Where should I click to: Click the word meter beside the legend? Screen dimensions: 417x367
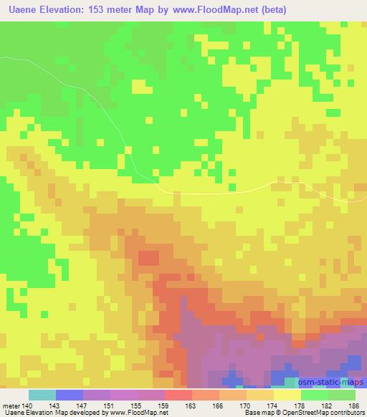[x=9, y=405]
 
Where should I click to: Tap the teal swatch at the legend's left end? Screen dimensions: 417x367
[x=42, y=395]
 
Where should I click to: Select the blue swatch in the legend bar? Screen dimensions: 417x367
[x=70, y=395]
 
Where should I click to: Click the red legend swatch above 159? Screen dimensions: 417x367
[x=178, y=395]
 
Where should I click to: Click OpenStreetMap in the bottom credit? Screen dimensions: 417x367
[x=306, y=413]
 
